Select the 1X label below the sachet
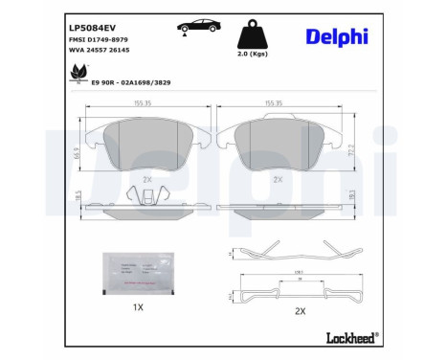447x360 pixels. pos(137,307)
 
